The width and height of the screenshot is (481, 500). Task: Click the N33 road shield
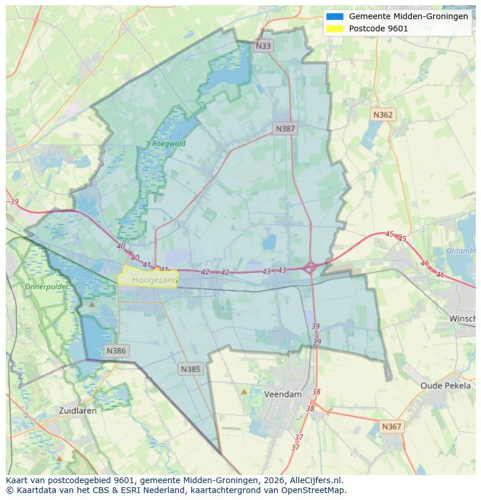click(264, 45)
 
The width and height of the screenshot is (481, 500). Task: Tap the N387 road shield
click(285, 129)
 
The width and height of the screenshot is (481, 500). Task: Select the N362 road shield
click(382, 115)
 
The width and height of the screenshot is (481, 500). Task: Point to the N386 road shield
click(116, 351)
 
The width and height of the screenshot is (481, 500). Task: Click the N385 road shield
click(191, 369)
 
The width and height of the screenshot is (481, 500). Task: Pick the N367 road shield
click(391, 427)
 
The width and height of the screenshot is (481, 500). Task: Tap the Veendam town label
click(283, 394)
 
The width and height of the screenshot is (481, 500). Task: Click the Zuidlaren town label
click(78, 410)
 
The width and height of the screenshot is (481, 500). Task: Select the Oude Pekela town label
click(446, 386)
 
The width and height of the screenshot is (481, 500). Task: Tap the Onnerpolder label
click(46, 287)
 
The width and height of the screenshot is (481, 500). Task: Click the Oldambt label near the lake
click(461, 251)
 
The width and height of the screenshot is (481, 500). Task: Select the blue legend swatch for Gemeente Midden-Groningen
click(335, 16)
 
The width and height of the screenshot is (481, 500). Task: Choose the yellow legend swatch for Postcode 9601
click(335, 28)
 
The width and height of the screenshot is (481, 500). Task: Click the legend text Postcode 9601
click(378, 28)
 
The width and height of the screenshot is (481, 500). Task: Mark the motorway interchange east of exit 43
click(310, 268)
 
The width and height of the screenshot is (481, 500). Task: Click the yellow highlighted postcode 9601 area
click(148, 276)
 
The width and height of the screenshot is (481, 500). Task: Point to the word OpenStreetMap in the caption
click(313, 490)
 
